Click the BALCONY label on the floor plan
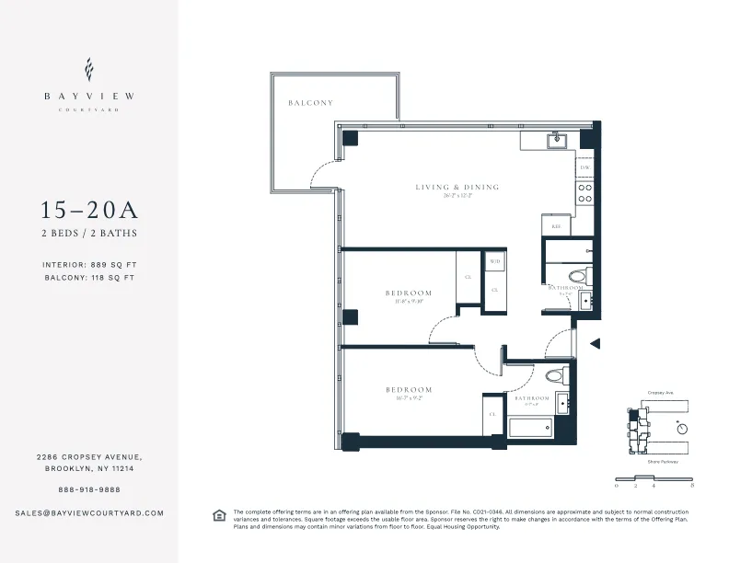click(309, 103)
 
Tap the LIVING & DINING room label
click(457, 187)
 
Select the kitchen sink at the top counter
click(555, 141)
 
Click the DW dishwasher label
click(584, 167)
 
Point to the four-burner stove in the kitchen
click(584, 192)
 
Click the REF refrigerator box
click(556, 225)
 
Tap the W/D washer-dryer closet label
click(494, 261)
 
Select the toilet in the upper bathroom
click(577, 274)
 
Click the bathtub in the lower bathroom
click(529, 428)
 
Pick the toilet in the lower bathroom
click(554, 375)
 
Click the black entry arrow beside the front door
click(595, 344)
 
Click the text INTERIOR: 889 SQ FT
click(89, 264)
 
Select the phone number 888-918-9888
click(89, 489)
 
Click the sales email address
click(89, 512)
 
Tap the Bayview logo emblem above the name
click(89, 69)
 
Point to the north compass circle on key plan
click(681, 428)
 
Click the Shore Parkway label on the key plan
click(662, 461)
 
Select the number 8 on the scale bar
click(691, 484)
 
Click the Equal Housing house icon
click(219, 514)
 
